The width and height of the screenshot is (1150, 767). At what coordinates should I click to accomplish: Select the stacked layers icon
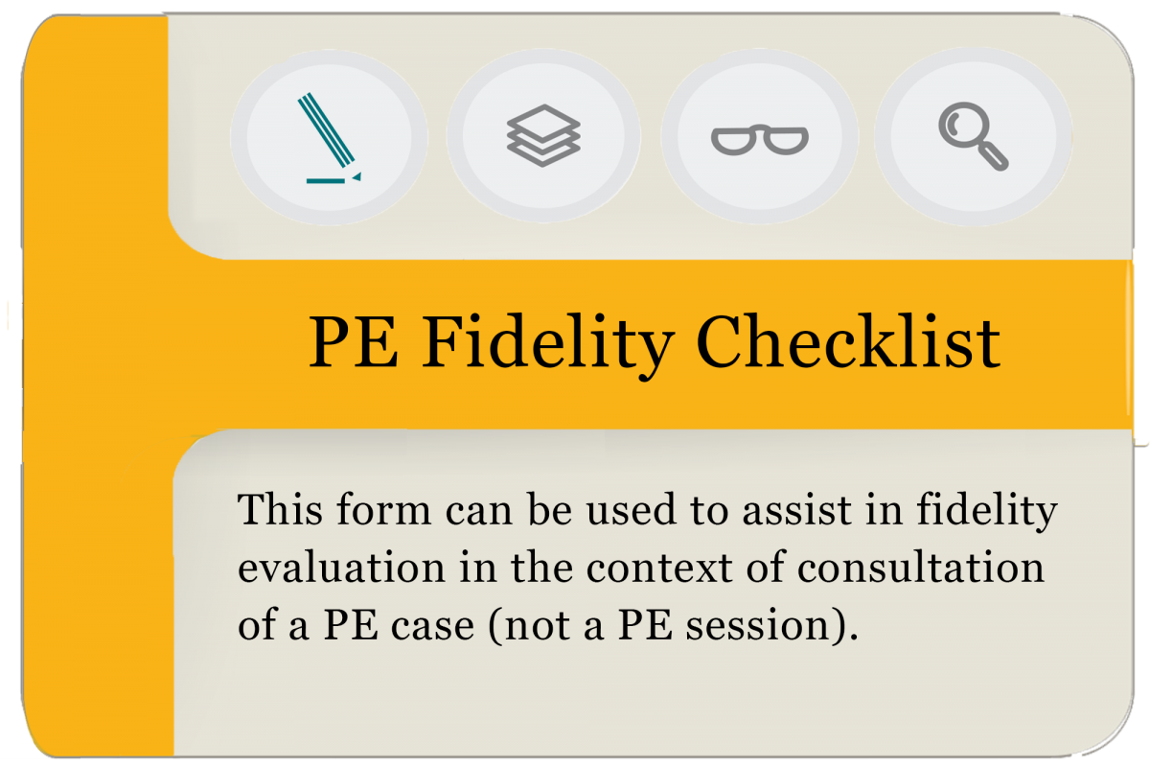[x=543, y=135]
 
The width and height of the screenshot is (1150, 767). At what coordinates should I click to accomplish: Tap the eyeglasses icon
[x=759, y=140]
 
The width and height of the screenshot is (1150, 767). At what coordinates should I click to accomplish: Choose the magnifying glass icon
[x=972, y=137]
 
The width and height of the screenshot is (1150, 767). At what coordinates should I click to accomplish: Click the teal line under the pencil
[x=326, y=180]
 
